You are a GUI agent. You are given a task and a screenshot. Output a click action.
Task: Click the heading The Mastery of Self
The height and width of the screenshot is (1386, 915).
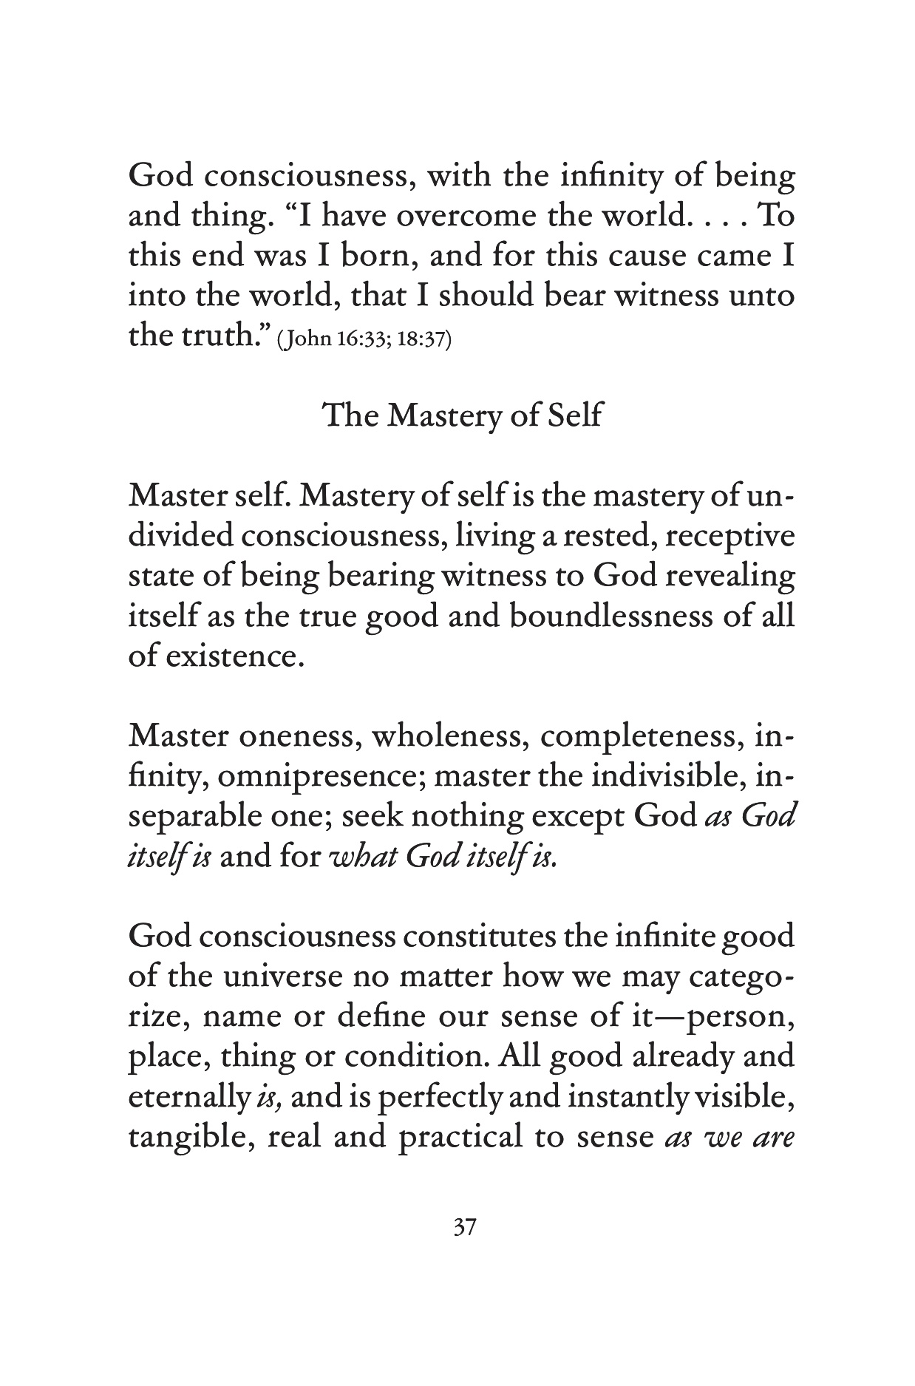(463, 415)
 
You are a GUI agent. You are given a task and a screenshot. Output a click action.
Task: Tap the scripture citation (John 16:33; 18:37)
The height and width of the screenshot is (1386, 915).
(364, 342)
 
